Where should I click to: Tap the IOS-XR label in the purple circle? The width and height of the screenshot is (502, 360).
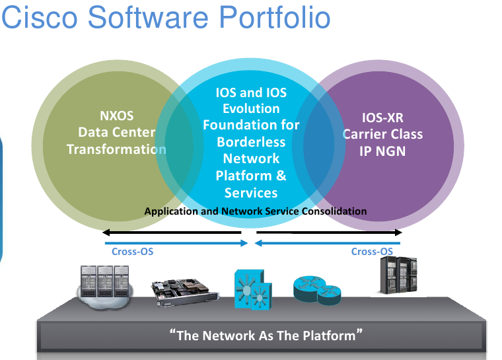pos(382,118)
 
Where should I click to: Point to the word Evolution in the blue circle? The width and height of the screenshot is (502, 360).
pos(251,108)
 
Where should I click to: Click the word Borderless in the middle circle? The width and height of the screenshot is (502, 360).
pos(251,141)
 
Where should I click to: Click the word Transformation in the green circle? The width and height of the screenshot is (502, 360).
pos(116,149)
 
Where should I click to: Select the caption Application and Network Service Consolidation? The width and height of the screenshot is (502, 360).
pos(255,211)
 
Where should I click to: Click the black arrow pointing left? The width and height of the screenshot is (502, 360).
pos(172,233)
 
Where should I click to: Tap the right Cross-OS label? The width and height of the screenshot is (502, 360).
pos(372,251)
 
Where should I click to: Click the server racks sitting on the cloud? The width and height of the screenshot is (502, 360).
pos(103,285)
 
